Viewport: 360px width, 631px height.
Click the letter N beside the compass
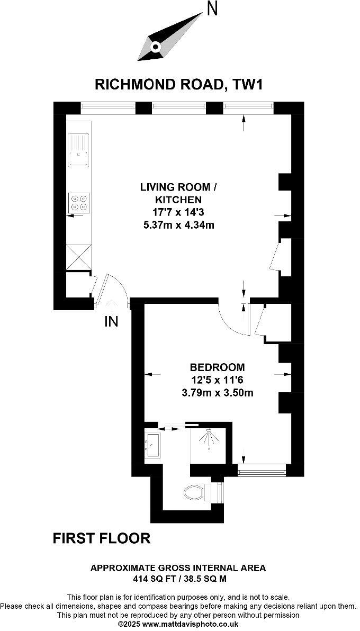tap(212, 8)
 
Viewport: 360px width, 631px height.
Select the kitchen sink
tap(79, 150)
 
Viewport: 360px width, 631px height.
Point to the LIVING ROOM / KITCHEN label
tap(178, 193)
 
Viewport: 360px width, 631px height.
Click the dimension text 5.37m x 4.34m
tap(178, 225)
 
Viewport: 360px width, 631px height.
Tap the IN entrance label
tap(111, 321)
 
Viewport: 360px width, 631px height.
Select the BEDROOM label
tap(217, 367)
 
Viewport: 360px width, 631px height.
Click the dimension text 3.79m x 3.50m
tap(217, 392)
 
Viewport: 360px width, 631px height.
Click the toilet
tap(194, 494)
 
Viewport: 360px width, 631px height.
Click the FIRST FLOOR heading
tap(102, 538)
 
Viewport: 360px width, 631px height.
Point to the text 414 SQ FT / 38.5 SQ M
tap(178, 579)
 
